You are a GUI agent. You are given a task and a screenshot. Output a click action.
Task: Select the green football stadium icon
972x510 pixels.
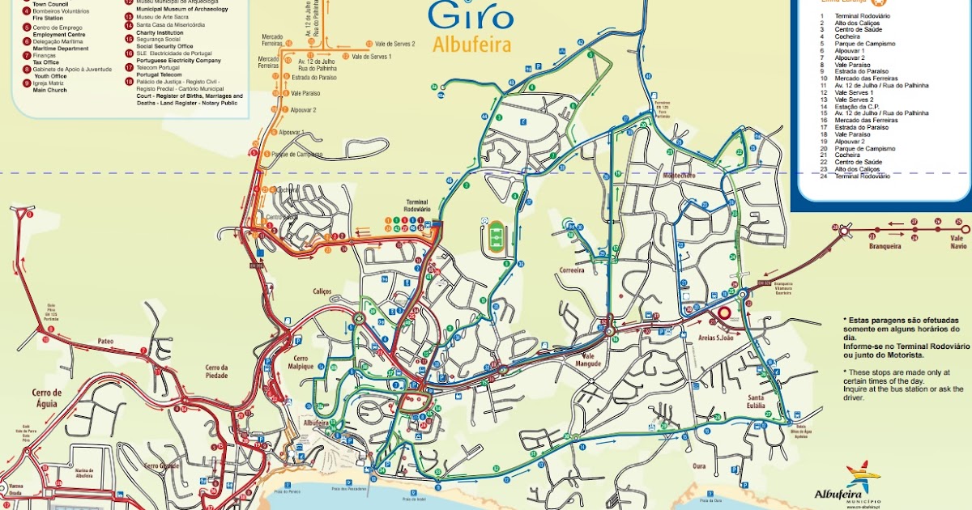(496, 238)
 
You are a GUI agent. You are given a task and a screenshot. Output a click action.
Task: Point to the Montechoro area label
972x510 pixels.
(680, 176)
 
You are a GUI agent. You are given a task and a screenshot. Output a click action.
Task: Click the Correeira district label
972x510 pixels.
(572, 271)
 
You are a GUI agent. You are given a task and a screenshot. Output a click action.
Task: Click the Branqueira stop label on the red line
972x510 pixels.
(885, 245)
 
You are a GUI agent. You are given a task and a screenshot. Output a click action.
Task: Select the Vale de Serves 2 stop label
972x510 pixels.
(394, 44)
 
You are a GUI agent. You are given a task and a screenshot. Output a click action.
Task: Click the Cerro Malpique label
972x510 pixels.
(301, 362)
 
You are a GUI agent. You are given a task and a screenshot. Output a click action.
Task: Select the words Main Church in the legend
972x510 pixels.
(50, 90)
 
